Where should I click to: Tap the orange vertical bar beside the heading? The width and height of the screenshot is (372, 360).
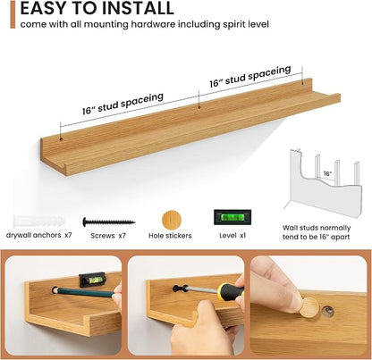coord(13,14)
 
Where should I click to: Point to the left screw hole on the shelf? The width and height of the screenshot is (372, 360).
coord(61,138)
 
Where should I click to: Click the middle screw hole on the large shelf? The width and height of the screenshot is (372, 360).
coord(199,106)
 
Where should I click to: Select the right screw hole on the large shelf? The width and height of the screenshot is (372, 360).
coord(302,81)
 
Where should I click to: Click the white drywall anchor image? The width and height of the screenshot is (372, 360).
coord(38,221)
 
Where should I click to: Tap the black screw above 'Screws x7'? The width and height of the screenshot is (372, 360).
coord(109,222)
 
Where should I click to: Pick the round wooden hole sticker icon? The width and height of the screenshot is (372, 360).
coord(172,221)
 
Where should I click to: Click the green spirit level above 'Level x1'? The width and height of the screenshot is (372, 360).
coord(232,217)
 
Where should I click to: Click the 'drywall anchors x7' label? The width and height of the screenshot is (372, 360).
coord(39,235)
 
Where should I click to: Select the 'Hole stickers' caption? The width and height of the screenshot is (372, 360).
coord(170,236)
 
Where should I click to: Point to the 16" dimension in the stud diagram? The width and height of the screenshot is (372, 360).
coord(327,173)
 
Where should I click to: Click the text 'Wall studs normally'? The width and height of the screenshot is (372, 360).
coord(317,228)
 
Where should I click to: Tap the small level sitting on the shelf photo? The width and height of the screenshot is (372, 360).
coord(92,280)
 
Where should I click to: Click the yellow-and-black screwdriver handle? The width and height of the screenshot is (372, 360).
coord(230,289)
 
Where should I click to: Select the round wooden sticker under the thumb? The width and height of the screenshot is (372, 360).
coord(309,307)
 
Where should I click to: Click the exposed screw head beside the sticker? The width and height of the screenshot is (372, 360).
coord(329,311)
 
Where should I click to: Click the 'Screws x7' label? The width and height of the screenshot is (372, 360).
coord(108,236)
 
